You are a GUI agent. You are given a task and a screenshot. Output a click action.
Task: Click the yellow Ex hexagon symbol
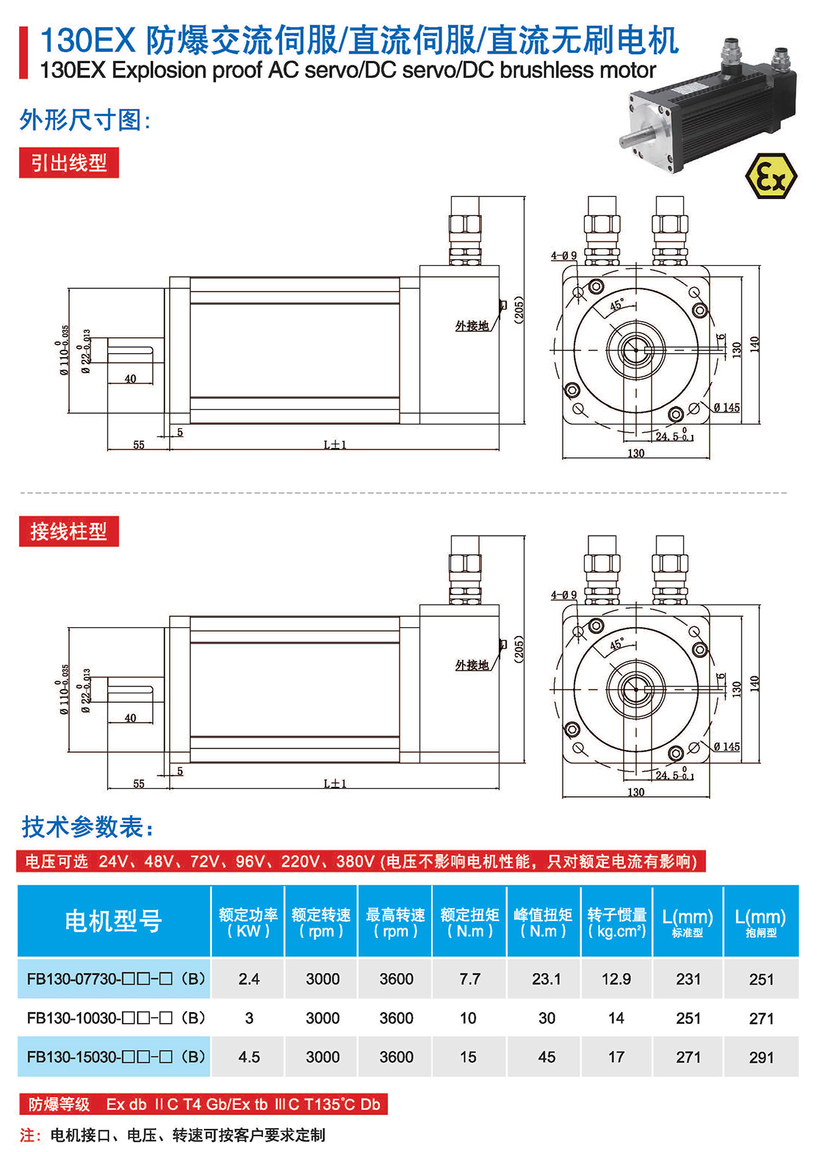(x=770, y=176)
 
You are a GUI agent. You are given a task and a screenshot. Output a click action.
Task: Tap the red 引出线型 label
(x=69, y=163)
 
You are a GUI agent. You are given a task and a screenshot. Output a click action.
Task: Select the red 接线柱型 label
(x=69, y=532)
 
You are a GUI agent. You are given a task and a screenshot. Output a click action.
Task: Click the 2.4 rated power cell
(x=249, y=979)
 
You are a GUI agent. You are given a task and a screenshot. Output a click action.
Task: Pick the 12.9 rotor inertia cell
(x=616, y=979)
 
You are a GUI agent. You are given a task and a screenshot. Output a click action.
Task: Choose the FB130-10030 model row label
(x=116, y=1018)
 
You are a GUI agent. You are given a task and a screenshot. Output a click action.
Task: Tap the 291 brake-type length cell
(x=761, y=1057)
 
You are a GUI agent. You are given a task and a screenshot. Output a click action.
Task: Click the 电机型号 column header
(x=114, y=921)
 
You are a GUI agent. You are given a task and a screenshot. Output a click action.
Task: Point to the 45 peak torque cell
(x=547, y=1057)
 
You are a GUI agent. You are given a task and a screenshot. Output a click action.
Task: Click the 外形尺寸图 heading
(x=85, y=120)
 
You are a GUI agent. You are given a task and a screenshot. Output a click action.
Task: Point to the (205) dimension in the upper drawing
(x=519, y=310)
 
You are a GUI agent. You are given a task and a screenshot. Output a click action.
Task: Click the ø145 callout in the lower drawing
(x=727, y=747)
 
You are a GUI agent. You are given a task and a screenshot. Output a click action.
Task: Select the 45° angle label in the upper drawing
(x=616, y=305)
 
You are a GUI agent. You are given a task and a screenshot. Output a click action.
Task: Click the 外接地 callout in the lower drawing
(x=472, y=665)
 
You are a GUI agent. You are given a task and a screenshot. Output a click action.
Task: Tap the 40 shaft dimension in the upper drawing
(x=130, y=379)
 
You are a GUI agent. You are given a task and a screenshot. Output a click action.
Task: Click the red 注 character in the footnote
(x=28, y=1135)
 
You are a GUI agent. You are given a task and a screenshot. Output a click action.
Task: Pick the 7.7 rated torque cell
(x=470, y=979)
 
